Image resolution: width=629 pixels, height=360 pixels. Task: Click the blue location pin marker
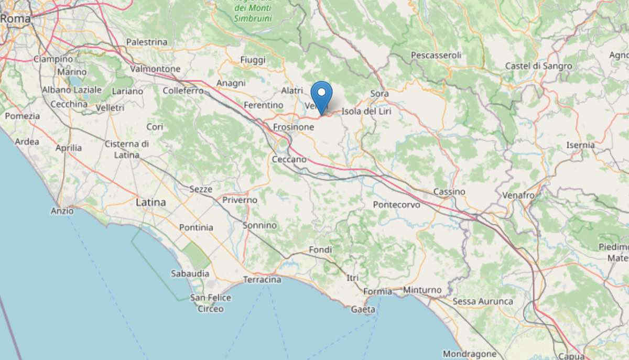[x=321, y=94]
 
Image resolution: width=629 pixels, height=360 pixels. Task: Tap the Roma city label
[x=14, y=18]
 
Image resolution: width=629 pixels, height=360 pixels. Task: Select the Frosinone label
[x=294, y=127]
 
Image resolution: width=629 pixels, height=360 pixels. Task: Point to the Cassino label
[x=449, y=192]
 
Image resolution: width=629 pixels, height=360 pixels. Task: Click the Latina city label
[x=150, y=202]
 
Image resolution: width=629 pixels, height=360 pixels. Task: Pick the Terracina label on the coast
[x=262, y=280]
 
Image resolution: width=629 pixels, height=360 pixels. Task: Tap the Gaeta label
[x=363, y=309]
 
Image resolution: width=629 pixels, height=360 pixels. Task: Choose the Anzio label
[x=62, y=211]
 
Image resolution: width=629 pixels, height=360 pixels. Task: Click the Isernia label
[x=580, y=145]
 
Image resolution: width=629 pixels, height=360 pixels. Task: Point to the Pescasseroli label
[x=436, y=55]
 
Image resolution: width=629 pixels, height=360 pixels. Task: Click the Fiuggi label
[x=253, y=60]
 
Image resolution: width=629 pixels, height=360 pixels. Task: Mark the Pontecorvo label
[x=396, y=205]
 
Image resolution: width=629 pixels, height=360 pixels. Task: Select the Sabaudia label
[x=190, y=274]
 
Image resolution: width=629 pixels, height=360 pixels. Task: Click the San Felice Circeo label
[x=210, y=303]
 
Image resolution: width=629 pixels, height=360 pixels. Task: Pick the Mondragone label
[x=470, y=354]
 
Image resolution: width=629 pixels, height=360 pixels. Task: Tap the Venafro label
[x=518, y=195]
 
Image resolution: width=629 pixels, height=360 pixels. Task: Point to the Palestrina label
[x=147, y=42]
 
